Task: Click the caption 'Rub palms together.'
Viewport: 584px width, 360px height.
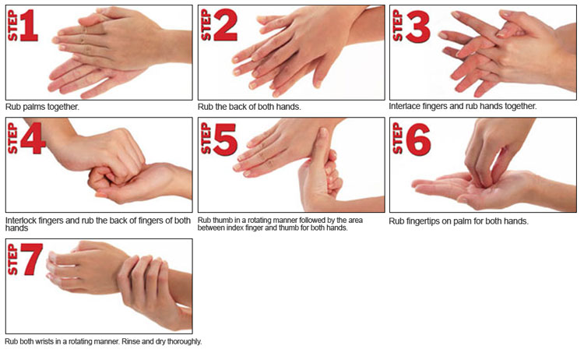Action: tap(42, 107)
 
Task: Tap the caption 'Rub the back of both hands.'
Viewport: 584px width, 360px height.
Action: tap(249, 107)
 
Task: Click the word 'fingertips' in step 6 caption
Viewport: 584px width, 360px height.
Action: tap(423, 221)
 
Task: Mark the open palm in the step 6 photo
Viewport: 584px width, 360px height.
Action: tap(452, 187)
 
